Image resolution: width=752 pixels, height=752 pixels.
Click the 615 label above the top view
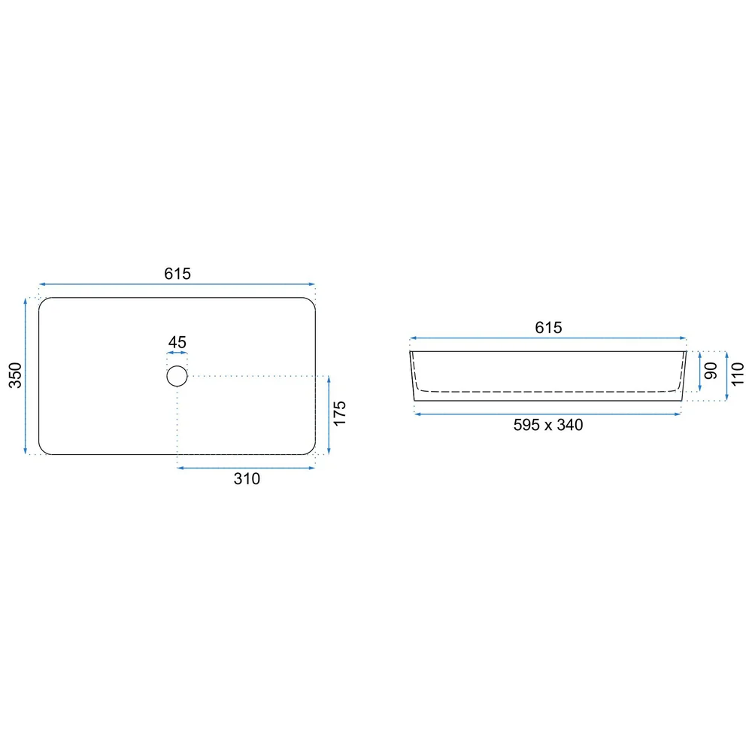click(177, 274)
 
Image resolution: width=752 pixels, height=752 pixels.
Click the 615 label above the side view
click(548, 328)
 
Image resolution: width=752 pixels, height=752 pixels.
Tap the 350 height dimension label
click(15, 375)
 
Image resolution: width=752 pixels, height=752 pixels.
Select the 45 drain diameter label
click(177, 342)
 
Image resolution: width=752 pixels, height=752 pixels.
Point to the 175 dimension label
click(340, 414)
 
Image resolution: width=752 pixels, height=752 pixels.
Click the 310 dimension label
click(247, 478)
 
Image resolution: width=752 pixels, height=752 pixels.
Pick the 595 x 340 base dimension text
click(548, 425)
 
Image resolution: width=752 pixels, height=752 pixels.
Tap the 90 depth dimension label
click(711, 371)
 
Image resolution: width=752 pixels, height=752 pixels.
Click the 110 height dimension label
click(738, 374)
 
